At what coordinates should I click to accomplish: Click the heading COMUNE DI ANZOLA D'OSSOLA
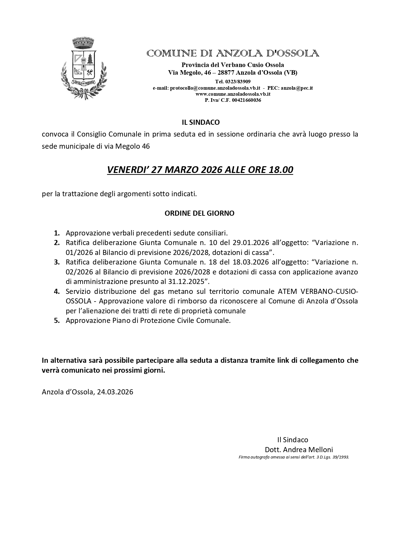coord(233,53)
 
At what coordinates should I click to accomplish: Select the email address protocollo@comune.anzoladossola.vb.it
coord(215,88)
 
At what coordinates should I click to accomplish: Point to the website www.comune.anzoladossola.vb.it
coord(233,94)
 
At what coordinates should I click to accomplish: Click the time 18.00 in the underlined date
coord(281,170)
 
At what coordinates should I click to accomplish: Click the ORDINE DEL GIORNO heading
coord(199,213)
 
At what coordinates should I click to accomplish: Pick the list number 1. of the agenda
coord(57,233)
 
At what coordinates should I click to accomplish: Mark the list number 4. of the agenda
coord(57,291)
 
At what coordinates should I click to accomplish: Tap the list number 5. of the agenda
coord(57,320)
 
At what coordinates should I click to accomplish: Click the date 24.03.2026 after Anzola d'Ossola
coord(115,392)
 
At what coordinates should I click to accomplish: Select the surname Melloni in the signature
coord(320,450)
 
